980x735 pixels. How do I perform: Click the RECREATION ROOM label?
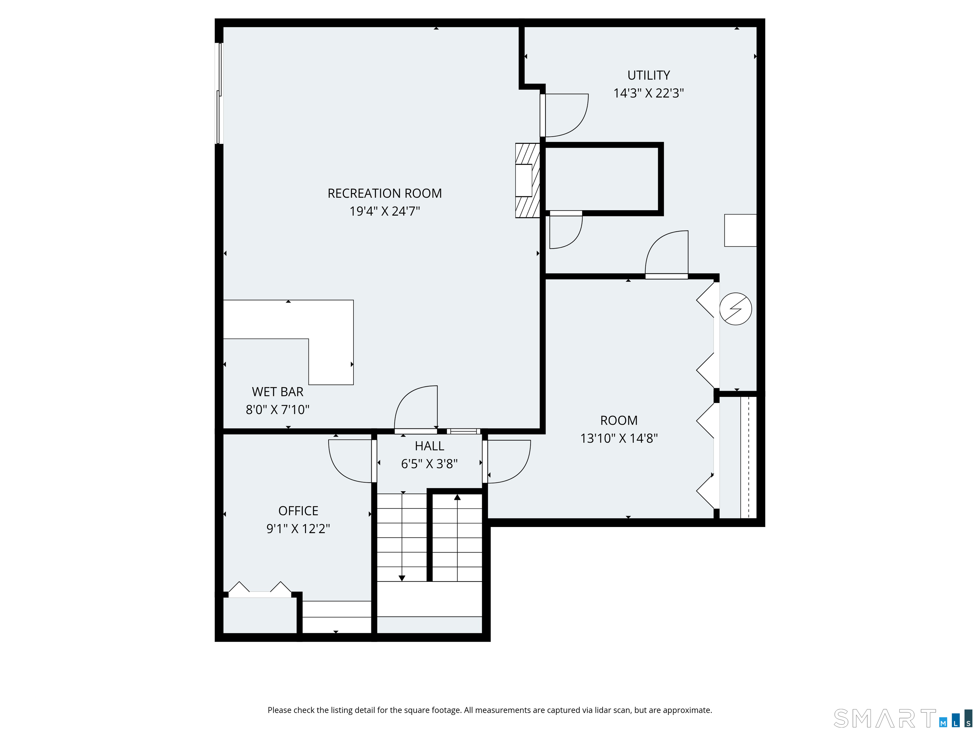point(384,193)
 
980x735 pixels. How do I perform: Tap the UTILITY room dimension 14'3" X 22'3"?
point(648,93)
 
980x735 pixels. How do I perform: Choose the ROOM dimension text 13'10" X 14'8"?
point(619,438)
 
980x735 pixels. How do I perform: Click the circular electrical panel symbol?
point(735,309)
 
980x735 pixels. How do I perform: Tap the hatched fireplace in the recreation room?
point(527,180)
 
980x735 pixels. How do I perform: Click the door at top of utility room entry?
point(565,115)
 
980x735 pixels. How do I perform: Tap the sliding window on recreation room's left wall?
point(219,93)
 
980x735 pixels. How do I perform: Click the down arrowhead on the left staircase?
point(402,578)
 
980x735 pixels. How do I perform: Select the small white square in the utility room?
point(740,230)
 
